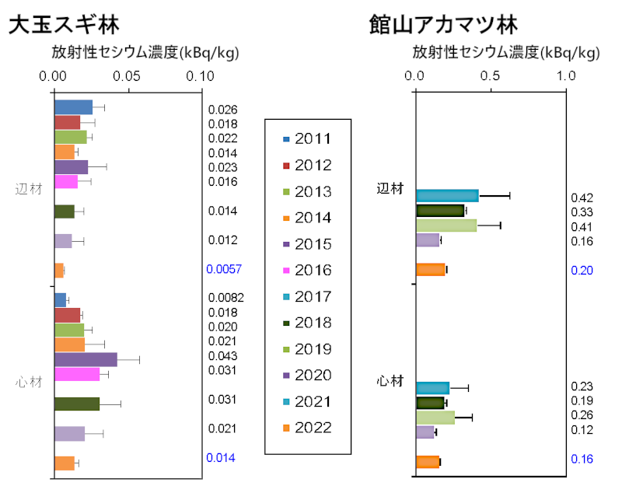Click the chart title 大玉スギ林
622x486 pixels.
pyautogui.click(x=64, y=25)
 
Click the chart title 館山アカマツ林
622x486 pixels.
pyautogui.click(x=442, y=25)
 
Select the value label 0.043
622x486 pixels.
pyautogui.click(x=222, y=356)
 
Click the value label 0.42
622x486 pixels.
pyautogui.click(x=582, y=198)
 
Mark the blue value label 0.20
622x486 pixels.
pyautogui.click(x=582, y=271)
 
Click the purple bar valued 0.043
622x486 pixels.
pyautogui.click(x=86, y=359)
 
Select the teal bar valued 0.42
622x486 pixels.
pyautogui.click(x=447, y=195)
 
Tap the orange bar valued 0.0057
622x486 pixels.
pyautogui.click(x=58, y=270)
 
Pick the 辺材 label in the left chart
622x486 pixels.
pyautogui.click(x=29, y=188)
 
